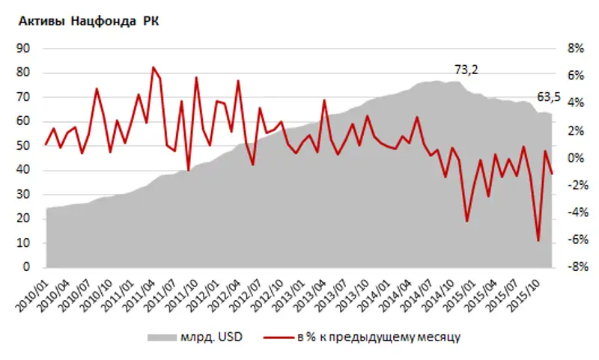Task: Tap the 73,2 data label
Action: click(x=466, y=70)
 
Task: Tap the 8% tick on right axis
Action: click(x=574, y=49)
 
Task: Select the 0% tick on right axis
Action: click(x=574, y=158)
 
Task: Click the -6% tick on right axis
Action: click(x=573, y=240)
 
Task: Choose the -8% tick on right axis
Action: click(x=573, y=267)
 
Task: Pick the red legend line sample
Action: click(x=278, y=338)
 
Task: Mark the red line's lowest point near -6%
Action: click(x=538, y=241)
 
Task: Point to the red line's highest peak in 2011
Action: click(x=153, y=67)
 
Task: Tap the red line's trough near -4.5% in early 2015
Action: click(x=467, y=221)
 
